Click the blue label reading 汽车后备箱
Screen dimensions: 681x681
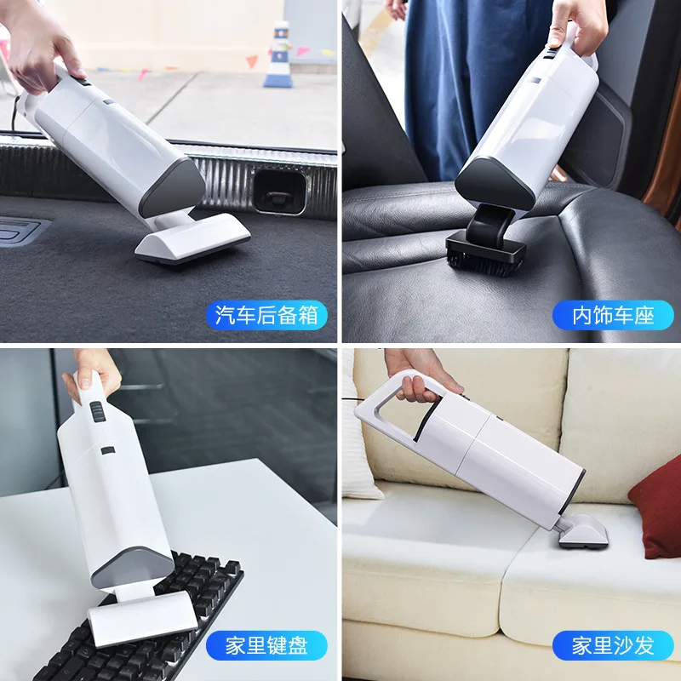pyautogui.click(x=266, y=316)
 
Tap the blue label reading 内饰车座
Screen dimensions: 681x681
pyautogui.click(x=612, y=316)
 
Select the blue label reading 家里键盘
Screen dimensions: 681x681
pyautogui.click(x=266, y=644)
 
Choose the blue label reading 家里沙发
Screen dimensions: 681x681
pyautogui.click(x=612, y=644)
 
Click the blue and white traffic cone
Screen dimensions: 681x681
pyautogui.click(x=278, y=56)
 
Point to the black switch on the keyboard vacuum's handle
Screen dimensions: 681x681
pyautogui.click(x=95, y=413)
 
